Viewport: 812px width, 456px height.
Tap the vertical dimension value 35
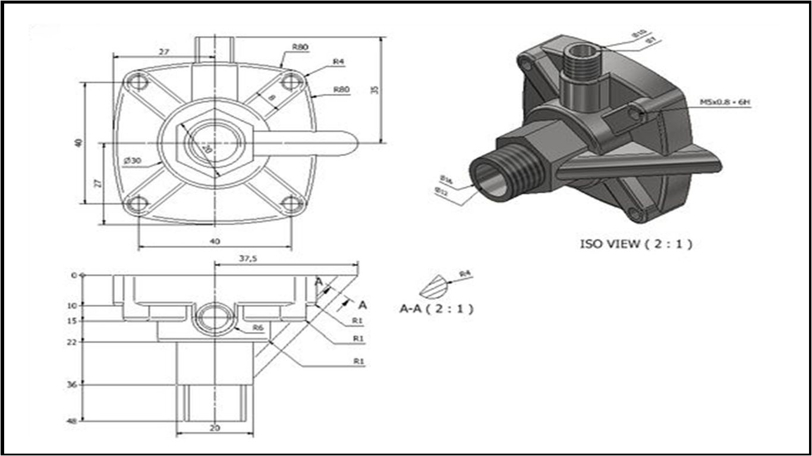(374, 89)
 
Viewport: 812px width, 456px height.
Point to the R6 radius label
(257, 327)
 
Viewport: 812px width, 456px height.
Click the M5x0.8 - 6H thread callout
(725, 102)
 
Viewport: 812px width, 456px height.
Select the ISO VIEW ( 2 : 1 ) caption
(636, 243)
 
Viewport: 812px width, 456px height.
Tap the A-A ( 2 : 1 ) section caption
(437, 308)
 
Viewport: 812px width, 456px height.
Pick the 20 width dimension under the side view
(215, 427)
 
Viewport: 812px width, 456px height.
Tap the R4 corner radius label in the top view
(339, 61)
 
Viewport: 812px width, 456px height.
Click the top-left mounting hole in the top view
(138, 81)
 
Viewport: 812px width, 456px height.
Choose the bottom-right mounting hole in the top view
(291, 204)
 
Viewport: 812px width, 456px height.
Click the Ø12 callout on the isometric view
(441, 191)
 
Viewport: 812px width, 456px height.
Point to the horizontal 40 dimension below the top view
(215, 241)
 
